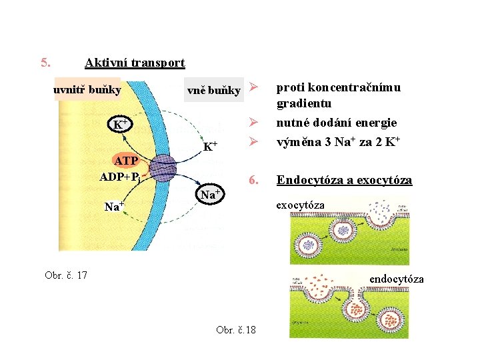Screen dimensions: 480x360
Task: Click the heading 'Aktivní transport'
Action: pyautogui.click(x=135, y=63)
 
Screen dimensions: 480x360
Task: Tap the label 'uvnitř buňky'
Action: pyautogui.click(x=87, y=90)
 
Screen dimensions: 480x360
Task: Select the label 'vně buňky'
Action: pyautogui.click(x=213, y=91)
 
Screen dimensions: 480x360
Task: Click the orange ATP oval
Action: pyautogui.click(x=126, y=162)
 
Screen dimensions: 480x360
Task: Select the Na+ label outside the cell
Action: pyautogui.click(x=211, y=194)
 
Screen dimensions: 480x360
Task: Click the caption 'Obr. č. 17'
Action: pyautogui.click(x=66, y=275)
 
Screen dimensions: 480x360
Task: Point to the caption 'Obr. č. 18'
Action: pyautogui.click(x=236, y=330)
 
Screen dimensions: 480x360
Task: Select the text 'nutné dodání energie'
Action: pyautogui.click(x=337, y=123)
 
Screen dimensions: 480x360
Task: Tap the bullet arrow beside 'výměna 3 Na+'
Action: pyautogui.click(x=253, y=141)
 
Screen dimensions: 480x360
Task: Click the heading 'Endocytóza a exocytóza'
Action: pyautogui.click(x=345, y=180)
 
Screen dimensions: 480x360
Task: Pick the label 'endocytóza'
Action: pyautogui.click(x=397, y=279)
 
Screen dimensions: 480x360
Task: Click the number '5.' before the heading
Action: pyautogui.click(x=45, y=63)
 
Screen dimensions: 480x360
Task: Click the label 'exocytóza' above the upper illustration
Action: pyautogui.click(x=301, y=205)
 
